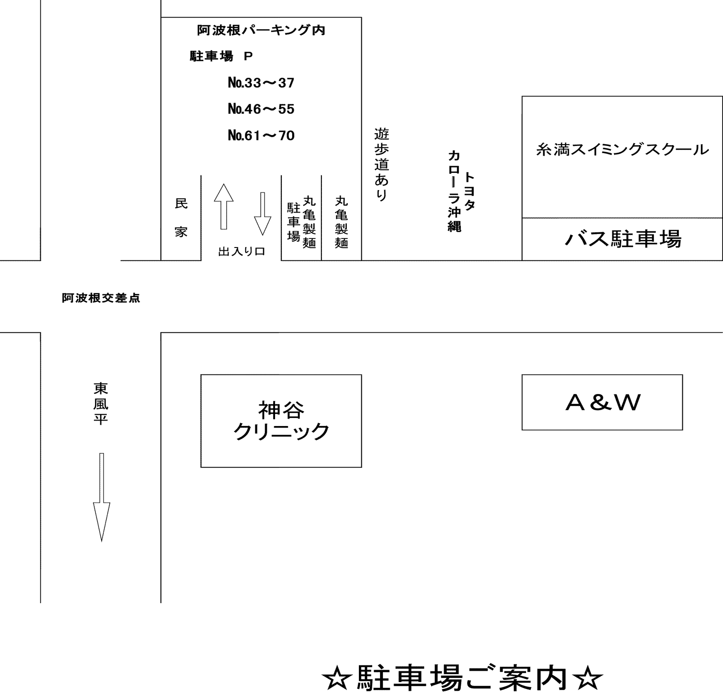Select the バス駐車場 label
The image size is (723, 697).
(x=623, y=238)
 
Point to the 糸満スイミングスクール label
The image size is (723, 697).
(x=622, y=150)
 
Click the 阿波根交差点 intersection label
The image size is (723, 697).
(x=101, y=298)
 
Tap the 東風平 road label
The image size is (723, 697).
(x=101, y=403)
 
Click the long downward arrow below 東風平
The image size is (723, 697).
(x=101, y=497)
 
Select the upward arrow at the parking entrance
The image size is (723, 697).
(x=223, y=206)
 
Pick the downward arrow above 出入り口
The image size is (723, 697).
(x=263, y=214)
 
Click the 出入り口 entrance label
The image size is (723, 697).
(x=241, y=251)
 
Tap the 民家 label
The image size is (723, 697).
(x=181, y=218)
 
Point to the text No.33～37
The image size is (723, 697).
(x=261, y=83)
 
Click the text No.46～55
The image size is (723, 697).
(x=261, y=109)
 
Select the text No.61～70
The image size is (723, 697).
(x=261, y=135)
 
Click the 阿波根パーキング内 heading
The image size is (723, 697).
(x=261, y=30)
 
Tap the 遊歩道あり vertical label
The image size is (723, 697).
(x=381, y=164)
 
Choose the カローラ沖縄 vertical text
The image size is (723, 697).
(x=454, y=191)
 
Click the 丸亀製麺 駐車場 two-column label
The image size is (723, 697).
(x=301, y=222)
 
